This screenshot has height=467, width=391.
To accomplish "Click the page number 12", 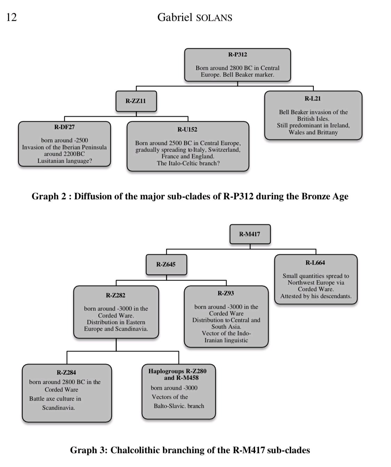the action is (x=11, y=17).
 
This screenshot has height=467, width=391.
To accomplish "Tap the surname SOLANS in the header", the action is (x=214, y=18).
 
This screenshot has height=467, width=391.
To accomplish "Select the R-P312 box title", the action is (x=237, y=55).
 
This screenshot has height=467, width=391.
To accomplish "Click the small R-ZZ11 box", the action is (x=136, y=101).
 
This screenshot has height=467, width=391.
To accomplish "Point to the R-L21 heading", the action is (x=312, y=99).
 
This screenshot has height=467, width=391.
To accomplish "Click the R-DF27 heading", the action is (x=64, y=127).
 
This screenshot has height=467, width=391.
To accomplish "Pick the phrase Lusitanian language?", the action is (x=65, y=161).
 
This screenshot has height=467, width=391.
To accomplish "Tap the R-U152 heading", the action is (x=187, y=129).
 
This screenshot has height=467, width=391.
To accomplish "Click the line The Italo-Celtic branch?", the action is (x=188, y=163).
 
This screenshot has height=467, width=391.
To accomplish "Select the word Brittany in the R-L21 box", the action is (x=327, y=132).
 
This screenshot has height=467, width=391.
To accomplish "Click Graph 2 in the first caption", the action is (x=49, y=196).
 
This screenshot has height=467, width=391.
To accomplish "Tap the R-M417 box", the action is (x=250, y=234).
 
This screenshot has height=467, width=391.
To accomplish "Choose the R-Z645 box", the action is (x=166, y=265).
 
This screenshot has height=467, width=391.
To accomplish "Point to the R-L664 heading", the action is (x=315, y=263).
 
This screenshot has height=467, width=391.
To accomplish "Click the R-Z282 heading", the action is (x=116, y=296).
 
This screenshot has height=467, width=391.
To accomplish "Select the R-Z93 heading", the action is (x=226, y=293).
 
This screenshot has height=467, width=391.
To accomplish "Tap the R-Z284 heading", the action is (x=66, y=373).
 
